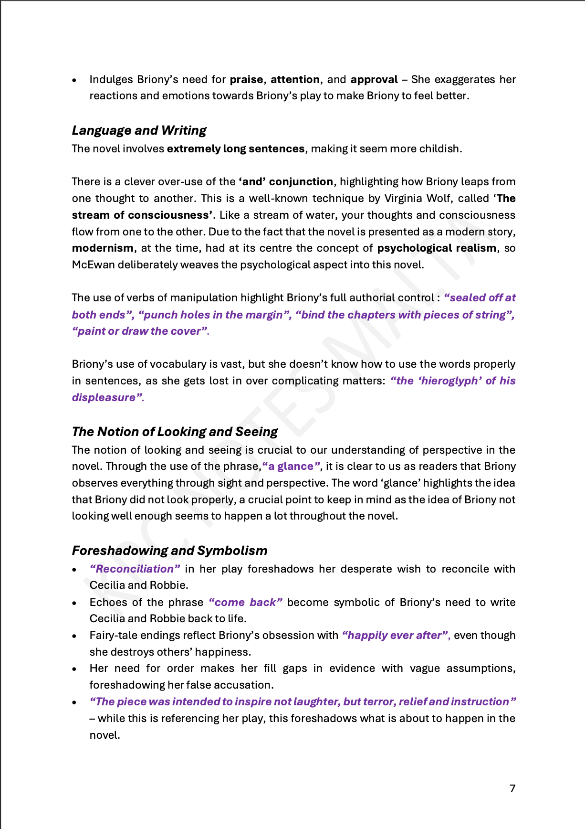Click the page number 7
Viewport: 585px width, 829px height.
[512, 788]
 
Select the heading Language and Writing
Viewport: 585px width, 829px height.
[139, 130]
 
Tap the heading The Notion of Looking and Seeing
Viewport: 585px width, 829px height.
[175, 432]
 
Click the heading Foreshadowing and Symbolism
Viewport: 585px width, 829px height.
[169, 551]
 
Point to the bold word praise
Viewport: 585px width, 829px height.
[246, 79]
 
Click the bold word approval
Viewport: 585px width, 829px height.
[374, 79]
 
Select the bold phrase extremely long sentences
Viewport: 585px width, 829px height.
[235, 149]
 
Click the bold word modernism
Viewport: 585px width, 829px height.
[103, 248]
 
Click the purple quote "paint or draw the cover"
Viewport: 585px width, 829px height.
[140, 331]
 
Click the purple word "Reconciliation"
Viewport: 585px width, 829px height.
[135, 569]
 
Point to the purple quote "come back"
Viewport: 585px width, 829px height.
[245, 602]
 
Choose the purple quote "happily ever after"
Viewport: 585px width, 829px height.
[395, 635]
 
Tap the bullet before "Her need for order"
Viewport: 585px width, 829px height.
[74, 670]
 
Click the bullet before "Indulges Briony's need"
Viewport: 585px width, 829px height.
[74, 80]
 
